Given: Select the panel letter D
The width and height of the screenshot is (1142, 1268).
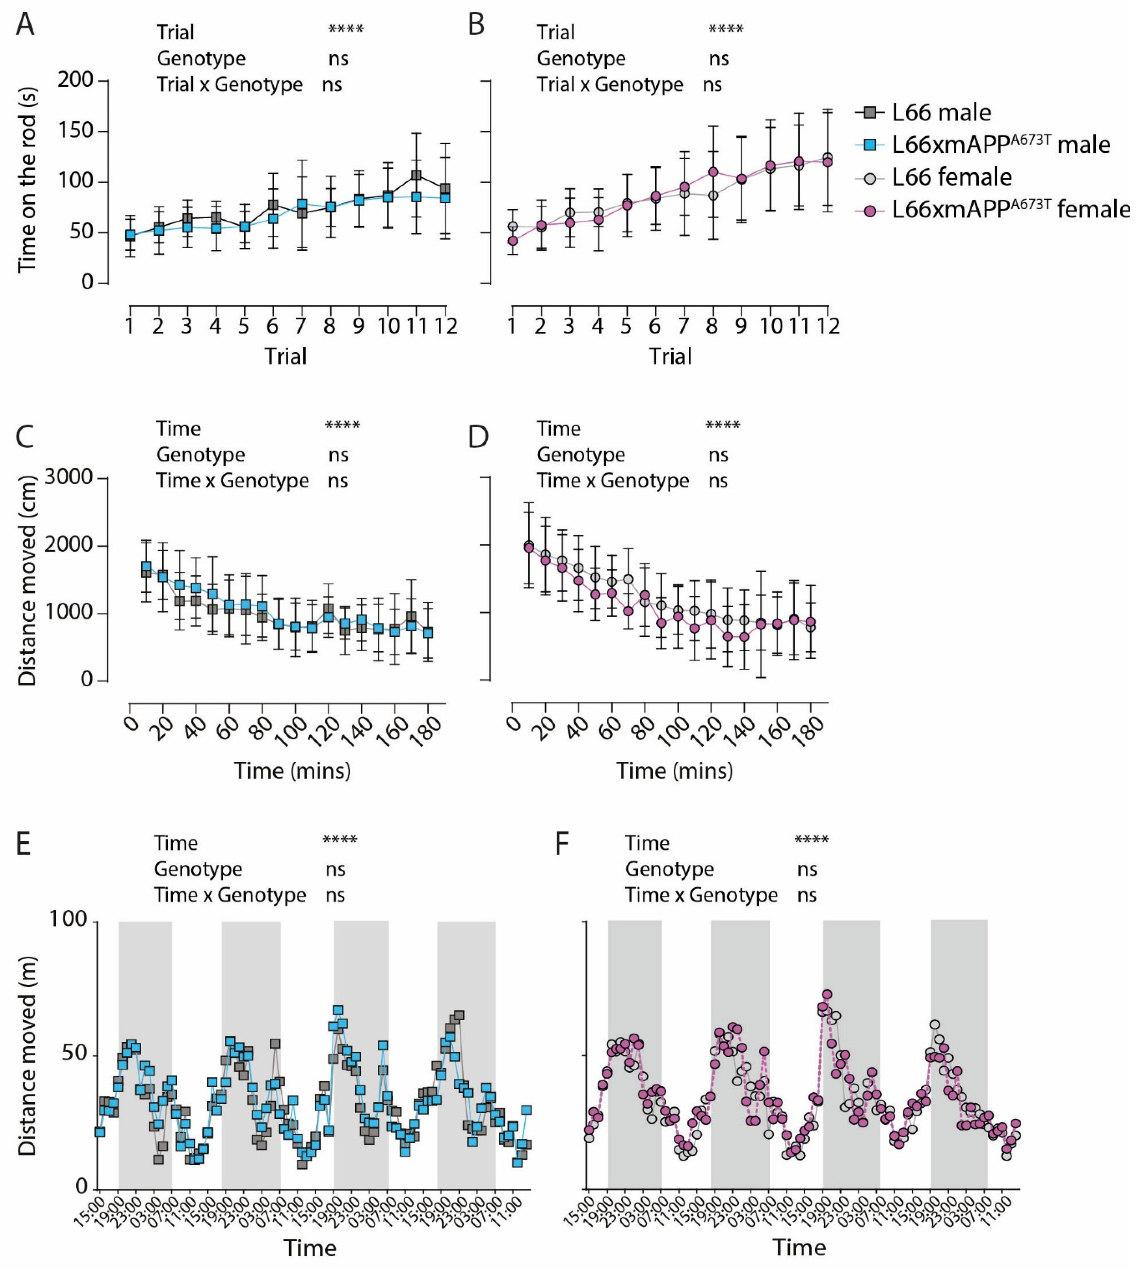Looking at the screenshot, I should coord(478,436).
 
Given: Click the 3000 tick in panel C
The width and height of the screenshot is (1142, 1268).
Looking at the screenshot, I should coord(69,478).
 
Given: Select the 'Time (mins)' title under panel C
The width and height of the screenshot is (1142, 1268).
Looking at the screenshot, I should coord(292,770).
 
